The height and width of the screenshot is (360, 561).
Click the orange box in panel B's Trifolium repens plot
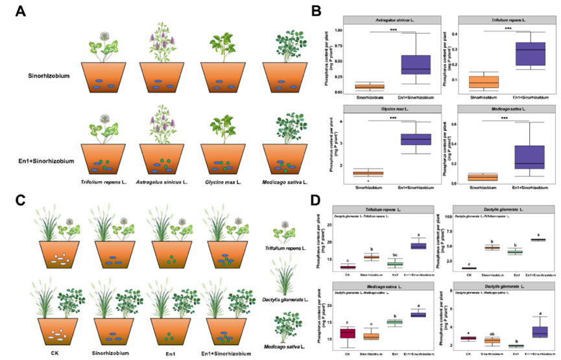(x=484, y=82)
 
